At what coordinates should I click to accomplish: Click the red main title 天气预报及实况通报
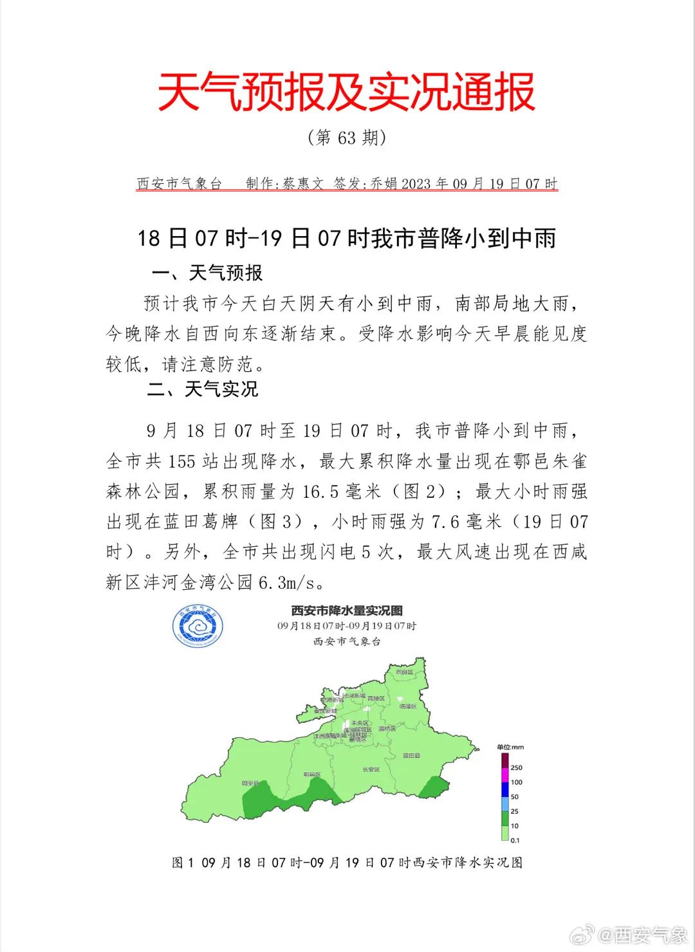click(347, 91)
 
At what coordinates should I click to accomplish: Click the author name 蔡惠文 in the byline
click(302, 184)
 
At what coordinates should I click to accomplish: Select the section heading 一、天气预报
click(207, 273)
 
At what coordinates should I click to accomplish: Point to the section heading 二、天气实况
click(203, 389)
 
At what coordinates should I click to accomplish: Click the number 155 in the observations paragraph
click(181, 462)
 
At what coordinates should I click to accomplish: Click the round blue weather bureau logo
click(198, 625)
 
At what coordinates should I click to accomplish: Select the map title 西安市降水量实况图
click(347, 610)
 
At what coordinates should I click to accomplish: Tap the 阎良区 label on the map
click(405, 672)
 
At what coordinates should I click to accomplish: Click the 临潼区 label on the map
click(408, 706)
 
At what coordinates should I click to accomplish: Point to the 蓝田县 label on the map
click(411, 756)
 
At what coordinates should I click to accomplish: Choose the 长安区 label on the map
click(371, 769)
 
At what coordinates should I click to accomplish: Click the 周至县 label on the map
click(250, 783)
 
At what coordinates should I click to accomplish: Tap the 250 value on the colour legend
click(516, 767)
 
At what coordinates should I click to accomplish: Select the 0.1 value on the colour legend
click(515, 840)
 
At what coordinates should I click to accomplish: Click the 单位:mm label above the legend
click(510, 747)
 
